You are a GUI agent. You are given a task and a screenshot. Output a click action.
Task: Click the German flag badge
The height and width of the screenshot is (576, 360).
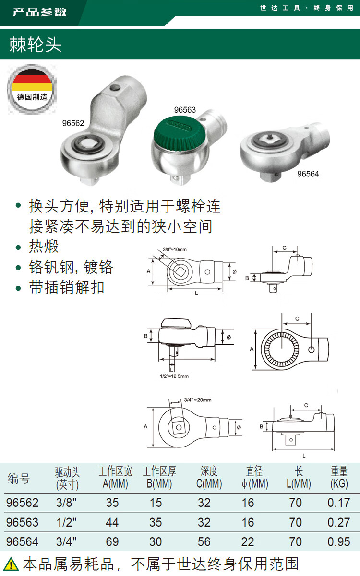coord(32,89)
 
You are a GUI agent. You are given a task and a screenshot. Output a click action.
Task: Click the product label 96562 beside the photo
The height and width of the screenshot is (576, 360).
coord(73,123)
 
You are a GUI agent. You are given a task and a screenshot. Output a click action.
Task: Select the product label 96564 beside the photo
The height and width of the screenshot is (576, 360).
coord(308,174)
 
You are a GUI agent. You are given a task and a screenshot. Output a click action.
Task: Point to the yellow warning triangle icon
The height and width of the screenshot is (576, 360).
coord(11,564)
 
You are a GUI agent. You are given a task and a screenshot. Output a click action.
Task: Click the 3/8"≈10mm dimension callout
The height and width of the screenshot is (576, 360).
coord(175,249)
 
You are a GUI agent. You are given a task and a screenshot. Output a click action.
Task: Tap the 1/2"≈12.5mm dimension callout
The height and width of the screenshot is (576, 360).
coord(174,376)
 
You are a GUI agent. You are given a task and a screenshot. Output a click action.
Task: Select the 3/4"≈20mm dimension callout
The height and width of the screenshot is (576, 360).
coord(198,400)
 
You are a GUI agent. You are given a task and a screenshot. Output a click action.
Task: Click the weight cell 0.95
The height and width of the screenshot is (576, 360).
coord(339,541)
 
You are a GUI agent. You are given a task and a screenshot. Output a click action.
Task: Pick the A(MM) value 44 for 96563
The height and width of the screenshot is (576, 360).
coord(112,522)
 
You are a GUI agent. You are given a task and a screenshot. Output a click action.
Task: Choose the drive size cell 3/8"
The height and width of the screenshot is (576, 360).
coord(66,503)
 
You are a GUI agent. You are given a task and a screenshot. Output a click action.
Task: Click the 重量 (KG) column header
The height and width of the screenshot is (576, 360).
coord(339,477)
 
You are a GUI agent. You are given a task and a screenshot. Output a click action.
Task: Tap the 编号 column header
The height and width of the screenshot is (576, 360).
coord(19,478)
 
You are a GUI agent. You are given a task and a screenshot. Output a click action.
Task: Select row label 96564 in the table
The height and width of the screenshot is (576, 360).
coord(22,541)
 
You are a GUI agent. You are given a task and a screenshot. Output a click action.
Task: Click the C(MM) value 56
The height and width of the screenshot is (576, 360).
coord(204,541)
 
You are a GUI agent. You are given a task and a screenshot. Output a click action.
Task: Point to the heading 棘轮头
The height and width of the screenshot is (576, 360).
coord(35,45)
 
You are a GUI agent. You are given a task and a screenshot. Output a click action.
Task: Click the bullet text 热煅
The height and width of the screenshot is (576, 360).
coord(44,246)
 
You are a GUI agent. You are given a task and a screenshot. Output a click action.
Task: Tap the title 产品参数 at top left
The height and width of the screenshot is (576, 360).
coord(40,12)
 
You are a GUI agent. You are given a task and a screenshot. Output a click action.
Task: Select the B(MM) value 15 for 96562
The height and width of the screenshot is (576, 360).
coord(156,503)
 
